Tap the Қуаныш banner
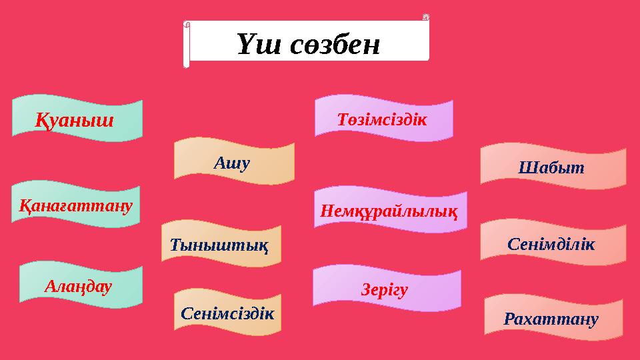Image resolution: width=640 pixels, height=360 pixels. pyautogui.click(x=78, y=120)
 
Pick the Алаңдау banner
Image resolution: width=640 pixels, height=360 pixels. pyautogui.click(x=80, y=287)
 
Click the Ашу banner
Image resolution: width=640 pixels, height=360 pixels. pyautogui.click(x=233, y=161)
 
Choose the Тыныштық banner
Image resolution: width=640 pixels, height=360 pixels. pyautogui.click(x=221, y=245)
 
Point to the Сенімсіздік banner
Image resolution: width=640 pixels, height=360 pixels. pyautogui.click(x=227, y=311)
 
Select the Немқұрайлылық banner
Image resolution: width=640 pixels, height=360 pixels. pyautogui.click(x=389, y=212)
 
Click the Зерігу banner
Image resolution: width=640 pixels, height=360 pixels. pyautogui.click(x=387, y=289)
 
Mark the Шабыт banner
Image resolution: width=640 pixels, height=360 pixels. pyautogui.click(x=553, y=167)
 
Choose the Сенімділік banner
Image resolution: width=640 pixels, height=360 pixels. pyautogui.click(x=553, y=243)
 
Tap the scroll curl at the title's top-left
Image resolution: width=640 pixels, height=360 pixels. pyautogui.click(x=187, y=25)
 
